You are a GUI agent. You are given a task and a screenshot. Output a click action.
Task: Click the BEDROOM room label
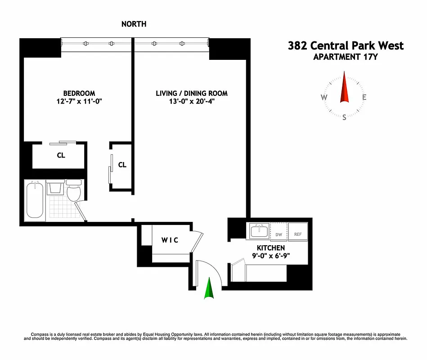79,94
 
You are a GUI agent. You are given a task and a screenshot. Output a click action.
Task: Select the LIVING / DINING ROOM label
192,94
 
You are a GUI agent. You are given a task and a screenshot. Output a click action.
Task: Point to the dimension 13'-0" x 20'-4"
192,102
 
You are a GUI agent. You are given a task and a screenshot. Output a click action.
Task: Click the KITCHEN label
271,248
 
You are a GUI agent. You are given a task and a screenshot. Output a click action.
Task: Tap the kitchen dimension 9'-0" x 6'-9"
271,256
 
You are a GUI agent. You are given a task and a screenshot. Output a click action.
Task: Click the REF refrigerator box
298,234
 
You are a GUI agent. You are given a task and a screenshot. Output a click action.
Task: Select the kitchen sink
259,232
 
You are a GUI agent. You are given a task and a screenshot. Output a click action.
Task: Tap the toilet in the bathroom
73,191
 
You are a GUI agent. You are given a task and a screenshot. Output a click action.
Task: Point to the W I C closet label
170,240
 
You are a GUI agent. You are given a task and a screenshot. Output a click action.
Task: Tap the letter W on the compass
324,98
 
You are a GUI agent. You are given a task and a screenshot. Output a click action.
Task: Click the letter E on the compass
364,98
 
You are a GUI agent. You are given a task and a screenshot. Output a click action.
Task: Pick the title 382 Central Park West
346,46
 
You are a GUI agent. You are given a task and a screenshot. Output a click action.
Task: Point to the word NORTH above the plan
134,24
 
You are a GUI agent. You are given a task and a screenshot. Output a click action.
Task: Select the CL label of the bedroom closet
61,156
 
